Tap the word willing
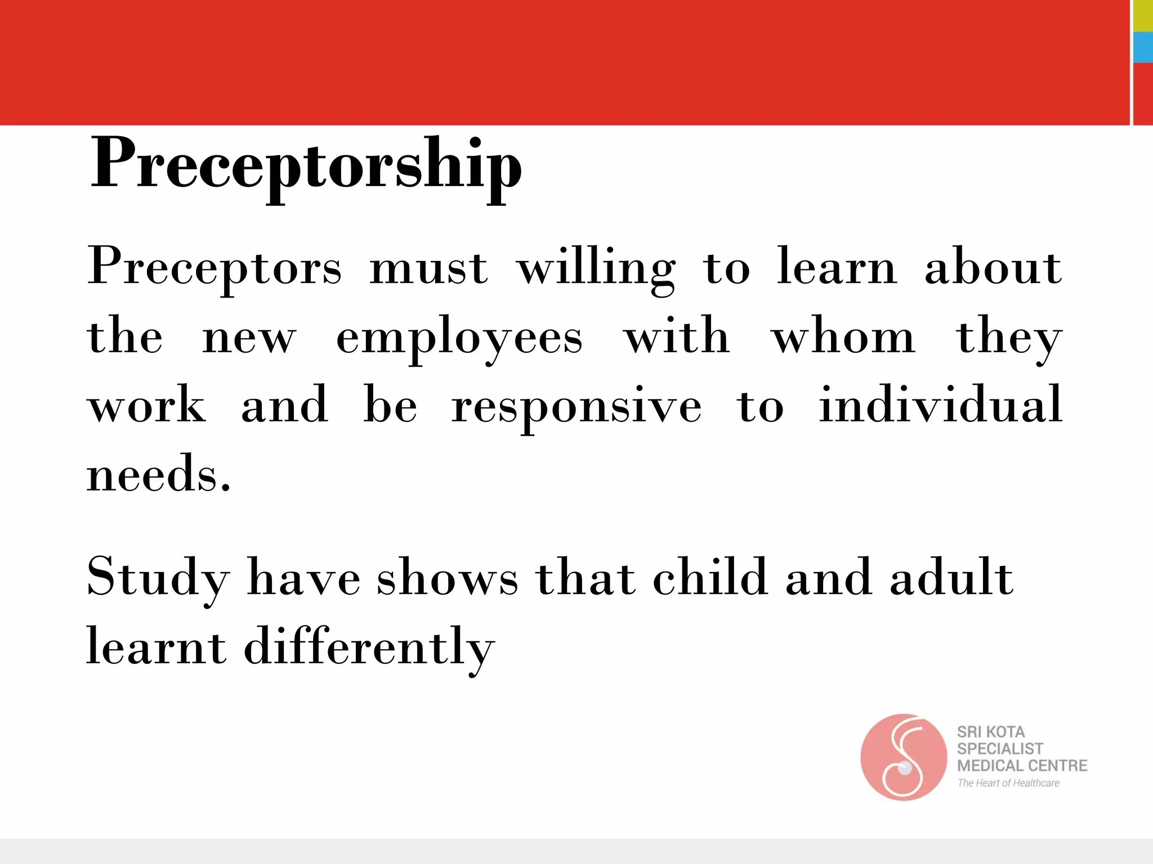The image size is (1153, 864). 596,268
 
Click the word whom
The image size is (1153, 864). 843,337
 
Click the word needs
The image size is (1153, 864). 158,474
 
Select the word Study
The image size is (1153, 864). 158,578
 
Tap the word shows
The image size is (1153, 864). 448,578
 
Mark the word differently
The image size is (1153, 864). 369,647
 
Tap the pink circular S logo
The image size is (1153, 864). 903,757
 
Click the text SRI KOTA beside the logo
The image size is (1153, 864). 991,732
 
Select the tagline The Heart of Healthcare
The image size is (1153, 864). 1008,783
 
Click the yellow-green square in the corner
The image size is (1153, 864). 1143,15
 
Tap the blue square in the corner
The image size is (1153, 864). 1143,47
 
